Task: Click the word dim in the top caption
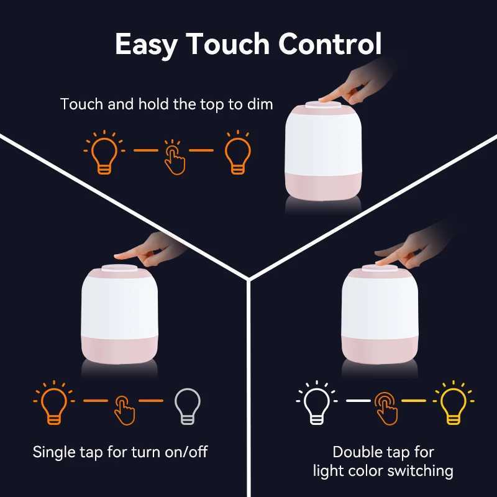[x=260, y=104]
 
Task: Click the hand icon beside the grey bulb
[x=124, y=408]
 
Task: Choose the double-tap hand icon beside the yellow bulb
[x=386, y=408]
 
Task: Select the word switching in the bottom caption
[x=422, y=471]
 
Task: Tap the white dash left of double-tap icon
[x=357, y=401]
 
